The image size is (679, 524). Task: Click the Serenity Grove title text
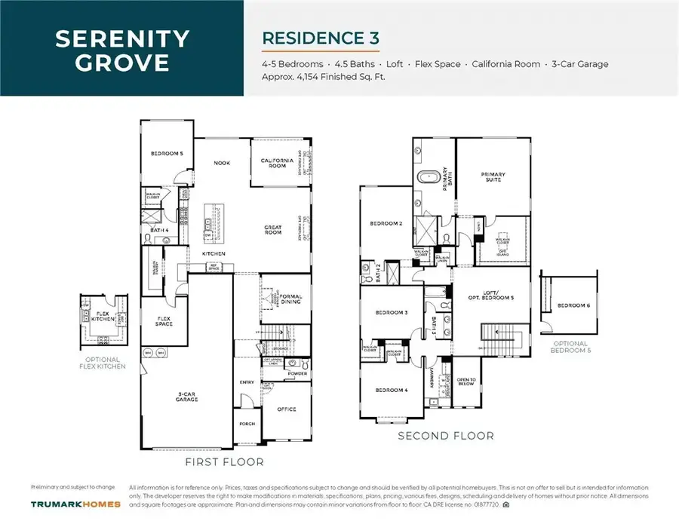coord(121,50)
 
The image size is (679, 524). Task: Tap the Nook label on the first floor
coord(221,163)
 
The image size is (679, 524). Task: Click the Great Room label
coord(272,230)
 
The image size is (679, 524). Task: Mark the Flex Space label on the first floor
coord(164,321)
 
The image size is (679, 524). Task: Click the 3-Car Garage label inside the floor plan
coord(186,397)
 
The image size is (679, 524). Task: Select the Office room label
coord(286,409)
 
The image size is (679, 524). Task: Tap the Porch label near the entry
coord(247,423)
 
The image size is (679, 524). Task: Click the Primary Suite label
coord(493,177)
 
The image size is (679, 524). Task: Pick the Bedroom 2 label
coord(385,224)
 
